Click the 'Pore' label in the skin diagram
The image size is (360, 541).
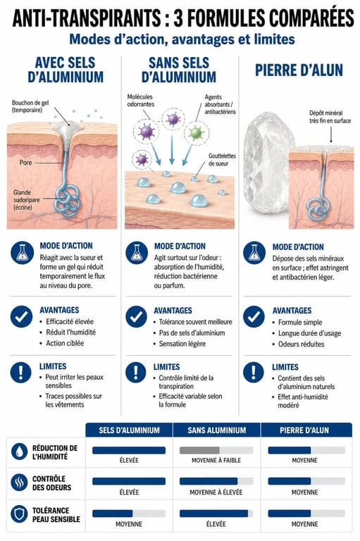click(25, 163)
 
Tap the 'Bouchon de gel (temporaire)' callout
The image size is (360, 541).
click(30, 106)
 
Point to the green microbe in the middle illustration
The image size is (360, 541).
click(196, 132)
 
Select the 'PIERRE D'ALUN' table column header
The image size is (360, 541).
click(304, 430)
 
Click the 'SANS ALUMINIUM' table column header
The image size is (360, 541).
click(217, 430)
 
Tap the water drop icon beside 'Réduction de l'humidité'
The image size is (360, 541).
click(19, 452)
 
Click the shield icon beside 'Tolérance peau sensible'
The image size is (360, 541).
click(19, 514)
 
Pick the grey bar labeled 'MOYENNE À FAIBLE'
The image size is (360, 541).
click(199, 450)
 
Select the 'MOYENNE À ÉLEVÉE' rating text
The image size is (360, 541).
click(216, 492)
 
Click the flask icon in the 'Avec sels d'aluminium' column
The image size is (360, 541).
click(22, 253)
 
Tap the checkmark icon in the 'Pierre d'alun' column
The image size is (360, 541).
click(254, 316)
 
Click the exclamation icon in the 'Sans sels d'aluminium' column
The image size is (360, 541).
click(136, 373)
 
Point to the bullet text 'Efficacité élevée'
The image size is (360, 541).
click(70, 321)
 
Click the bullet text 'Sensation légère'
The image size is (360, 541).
click(182, 344)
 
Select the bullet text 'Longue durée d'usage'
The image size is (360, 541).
click(309, 333)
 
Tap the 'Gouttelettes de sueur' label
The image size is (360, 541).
click(222, 160)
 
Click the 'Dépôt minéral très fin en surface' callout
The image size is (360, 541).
click(330, 117)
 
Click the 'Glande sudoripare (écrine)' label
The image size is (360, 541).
click(27, 200)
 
